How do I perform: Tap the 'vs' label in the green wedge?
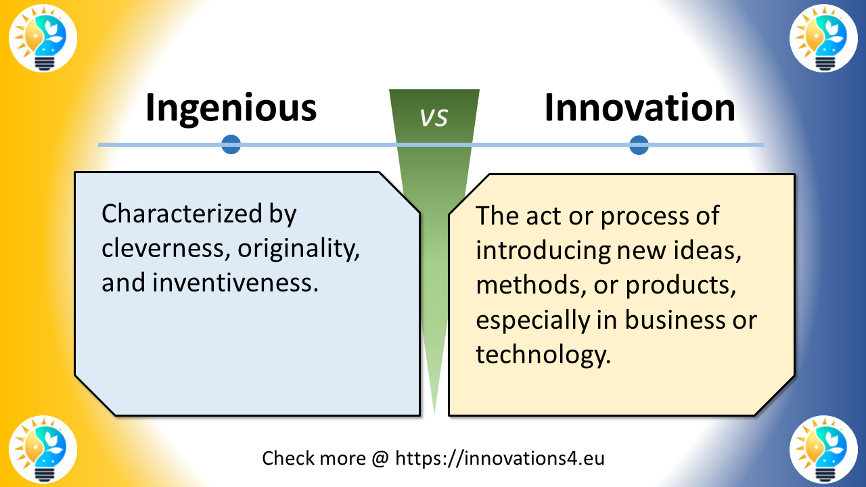point(434,117)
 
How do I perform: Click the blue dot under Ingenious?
point(231,144)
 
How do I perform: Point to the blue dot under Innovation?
point(639,144)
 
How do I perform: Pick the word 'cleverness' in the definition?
point(156,249)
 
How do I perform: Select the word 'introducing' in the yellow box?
point(542,250)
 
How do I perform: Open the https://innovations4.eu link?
point(499,458)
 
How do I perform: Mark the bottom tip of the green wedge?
point(434,413)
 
